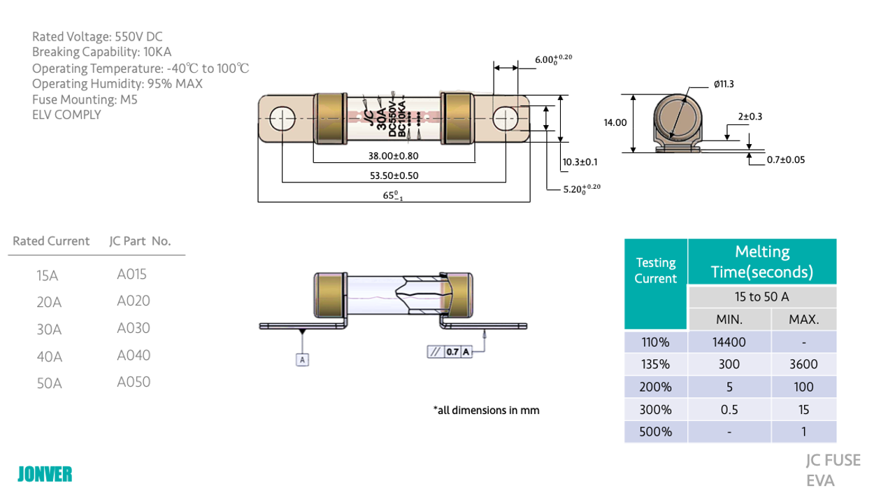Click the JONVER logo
tap(45, 474)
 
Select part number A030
tap(134, 328)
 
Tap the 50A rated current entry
tap(49, 383)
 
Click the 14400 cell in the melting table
tap(729, 343)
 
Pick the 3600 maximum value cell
tap(803, 364)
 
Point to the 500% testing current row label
tap(655, 431)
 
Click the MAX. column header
tap(803, 320)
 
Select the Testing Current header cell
tap(655, 271)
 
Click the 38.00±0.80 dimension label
tap(394, 157)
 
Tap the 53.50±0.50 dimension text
tap(394, 175)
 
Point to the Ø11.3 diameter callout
tap(724, 84)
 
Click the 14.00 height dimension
tap(615, 122)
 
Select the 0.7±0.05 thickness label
tap(786, 160)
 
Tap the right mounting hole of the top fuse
tap(505, 119)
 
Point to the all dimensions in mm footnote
tap(487, 410)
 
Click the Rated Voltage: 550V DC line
tap(97, 37)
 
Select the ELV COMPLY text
tap(66, 115)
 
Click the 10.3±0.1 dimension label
tap(580, 162)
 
